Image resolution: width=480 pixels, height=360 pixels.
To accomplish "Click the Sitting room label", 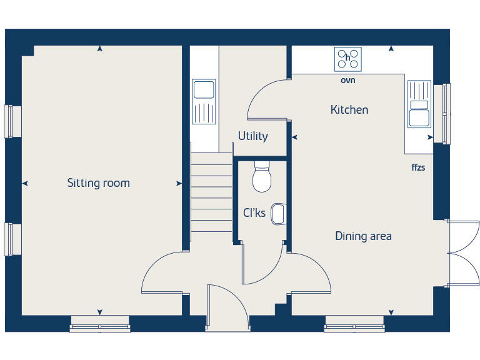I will point(99,183).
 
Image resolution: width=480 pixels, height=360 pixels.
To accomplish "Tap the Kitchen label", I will point(349,110).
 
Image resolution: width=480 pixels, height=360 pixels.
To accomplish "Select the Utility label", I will point(252,136).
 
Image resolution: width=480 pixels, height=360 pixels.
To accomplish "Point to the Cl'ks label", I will point(254,213).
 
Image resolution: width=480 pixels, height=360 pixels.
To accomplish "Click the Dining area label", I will point(363,236).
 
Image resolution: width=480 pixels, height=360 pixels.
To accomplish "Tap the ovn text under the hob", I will point(348,81).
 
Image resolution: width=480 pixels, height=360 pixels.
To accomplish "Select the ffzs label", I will point(418,167).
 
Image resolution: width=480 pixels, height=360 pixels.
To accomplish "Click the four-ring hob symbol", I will point(348,59).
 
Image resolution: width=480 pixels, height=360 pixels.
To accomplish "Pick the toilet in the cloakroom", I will point(262,177).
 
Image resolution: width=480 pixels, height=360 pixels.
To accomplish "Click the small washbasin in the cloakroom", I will point(279,214).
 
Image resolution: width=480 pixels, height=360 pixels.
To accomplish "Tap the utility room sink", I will point(204,101).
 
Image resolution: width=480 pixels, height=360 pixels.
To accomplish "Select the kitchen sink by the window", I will point(418,104).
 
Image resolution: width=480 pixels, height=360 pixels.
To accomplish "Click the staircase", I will point(211,194).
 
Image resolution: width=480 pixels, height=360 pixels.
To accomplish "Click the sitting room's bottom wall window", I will point(100,323).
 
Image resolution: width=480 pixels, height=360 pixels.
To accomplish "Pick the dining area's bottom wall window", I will point(354,323).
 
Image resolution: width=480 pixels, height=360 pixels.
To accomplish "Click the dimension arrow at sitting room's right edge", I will point(179,184).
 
